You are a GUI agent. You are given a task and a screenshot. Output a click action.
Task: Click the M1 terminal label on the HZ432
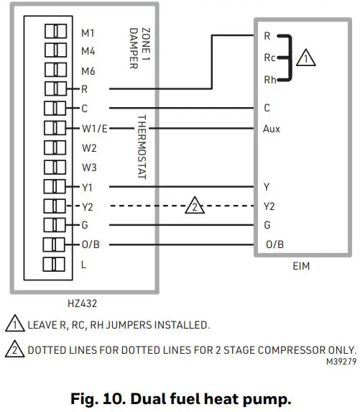[x=88, y=32]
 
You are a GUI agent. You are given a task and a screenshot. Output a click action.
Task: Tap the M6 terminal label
[x=88, y=70]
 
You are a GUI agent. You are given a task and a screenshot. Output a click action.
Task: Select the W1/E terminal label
[x=94, y=128]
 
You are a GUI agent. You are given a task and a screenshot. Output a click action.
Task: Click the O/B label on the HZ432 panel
[x=91, y=244]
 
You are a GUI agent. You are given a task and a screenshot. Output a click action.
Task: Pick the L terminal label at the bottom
[x=83, y=265]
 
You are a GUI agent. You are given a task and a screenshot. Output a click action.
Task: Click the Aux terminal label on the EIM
[x=272, y=129]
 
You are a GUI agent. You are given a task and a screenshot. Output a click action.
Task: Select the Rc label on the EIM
[x=270, y=56]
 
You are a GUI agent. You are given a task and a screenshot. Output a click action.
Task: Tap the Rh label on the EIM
[x=270, y=81]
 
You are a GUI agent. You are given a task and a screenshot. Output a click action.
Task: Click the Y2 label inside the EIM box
[x=269, y=206]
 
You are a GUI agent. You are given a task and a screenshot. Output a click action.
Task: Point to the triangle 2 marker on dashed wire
[x=194, y=206]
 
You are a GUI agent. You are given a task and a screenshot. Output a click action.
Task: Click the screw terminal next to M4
[x=56, y=51]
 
